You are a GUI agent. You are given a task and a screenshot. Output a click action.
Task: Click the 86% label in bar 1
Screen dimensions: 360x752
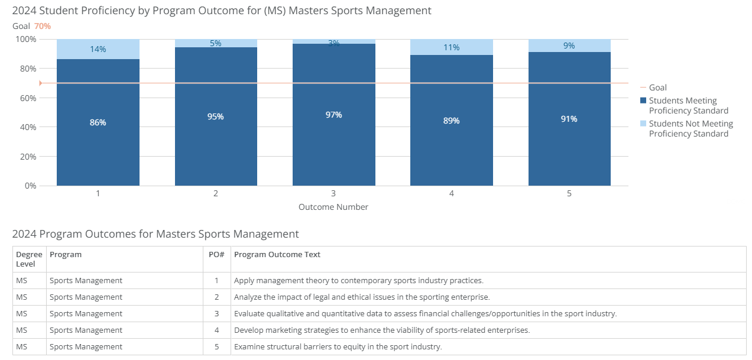(x=98, y=122)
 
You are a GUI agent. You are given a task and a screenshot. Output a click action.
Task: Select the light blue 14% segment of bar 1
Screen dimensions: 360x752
(x=98, y=49)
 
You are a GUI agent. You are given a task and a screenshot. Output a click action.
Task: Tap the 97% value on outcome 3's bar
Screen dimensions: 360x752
(x=333, y=115)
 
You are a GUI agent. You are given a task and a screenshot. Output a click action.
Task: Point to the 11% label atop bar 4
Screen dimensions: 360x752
(x=451, y=47)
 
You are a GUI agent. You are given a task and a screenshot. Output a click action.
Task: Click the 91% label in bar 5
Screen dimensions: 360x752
(x=569, y=119)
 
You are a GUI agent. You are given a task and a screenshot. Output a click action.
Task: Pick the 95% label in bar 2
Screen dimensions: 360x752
(x=215, y=116)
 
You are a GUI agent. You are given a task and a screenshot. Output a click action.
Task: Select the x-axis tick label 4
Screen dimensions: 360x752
(x=451, y=193)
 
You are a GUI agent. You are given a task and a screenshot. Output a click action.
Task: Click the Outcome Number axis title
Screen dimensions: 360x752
(x=333, y=207)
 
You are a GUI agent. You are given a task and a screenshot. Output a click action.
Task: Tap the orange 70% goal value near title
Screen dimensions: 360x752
(x=43, y=26)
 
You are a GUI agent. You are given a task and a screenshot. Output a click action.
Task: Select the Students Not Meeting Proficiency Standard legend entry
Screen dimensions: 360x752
(x=690, y=129)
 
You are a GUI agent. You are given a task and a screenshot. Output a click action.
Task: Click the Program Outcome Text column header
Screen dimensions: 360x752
(x=277, y=255)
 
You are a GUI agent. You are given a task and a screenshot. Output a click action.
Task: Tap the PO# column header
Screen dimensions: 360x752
(x=216, y=255)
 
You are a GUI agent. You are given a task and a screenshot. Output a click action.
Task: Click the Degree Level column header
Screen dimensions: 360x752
(x=29, y=259)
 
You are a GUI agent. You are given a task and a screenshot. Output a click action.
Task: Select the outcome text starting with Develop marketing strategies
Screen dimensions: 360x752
(x=381, y=330)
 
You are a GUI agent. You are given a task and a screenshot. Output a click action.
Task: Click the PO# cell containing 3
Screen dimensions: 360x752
(x=216, y=313)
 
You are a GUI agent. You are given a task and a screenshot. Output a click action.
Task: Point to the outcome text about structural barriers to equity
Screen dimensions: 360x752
(x=338, y=346)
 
